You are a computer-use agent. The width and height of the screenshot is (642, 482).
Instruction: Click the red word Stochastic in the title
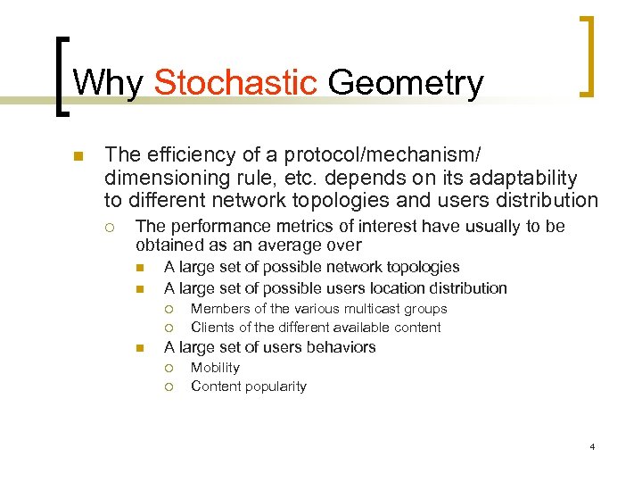click(x=235, y=83)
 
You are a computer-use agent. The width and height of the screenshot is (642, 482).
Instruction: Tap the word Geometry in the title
click(x=406, y=83)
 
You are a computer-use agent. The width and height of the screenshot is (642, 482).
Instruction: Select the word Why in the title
click(x=109, y=83)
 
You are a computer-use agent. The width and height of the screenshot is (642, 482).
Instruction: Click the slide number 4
click(x=592, y=446)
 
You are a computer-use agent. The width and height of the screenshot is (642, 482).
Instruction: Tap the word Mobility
click(x=215, y=368)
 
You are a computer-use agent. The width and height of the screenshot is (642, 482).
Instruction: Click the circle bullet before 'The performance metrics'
click(x=110, y=228)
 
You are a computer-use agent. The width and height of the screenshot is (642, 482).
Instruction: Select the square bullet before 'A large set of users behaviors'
click(x=140, y=348)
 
